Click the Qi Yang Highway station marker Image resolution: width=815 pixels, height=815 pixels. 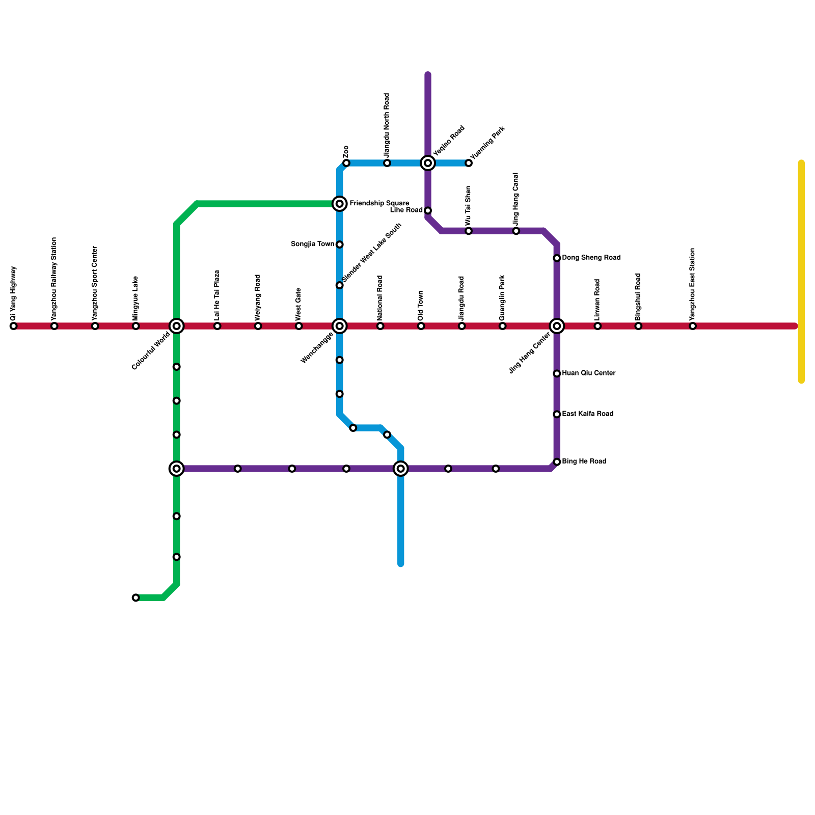[x=14, y=326]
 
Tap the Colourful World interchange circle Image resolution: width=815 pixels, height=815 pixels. [x=177, y=326]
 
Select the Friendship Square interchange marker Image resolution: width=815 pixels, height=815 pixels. [x=340, y=204]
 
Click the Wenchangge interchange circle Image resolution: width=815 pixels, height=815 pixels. [x=340, y=326]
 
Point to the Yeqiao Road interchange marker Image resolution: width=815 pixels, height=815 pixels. [x=428, y=163]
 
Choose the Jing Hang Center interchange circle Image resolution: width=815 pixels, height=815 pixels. [x=557, y=326]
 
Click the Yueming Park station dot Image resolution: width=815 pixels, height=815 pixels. [x=469, y=163]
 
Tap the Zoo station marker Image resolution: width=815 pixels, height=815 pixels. [x=346, y=163]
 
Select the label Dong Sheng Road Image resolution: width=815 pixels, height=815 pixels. [x=591, y=258]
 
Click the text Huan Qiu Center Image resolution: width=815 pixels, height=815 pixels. [x=589, y=373]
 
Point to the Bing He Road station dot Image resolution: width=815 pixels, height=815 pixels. [x=557, y=462]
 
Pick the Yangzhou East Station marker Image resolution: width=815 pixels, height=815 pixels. [x=693, y=326]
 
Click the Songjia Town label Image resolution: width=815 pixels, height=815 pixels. [x=312, y=244]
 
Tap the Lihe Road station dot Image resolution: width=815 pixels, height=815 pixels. [x=428, y=210]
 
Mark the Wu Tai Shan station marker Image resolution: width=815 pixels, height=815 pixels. [x=469, y=231]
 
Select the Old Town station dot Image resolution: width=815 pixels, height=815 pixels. [x=421, y=326]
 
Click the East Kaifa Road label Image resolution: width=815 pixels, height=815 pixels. [x=587, y=414]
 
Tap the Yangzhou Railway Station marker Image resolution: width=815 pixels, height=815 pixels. [x=55, y=326]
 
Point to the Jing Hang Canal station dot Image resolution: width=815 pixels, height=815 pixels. [x=516, y=231]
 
